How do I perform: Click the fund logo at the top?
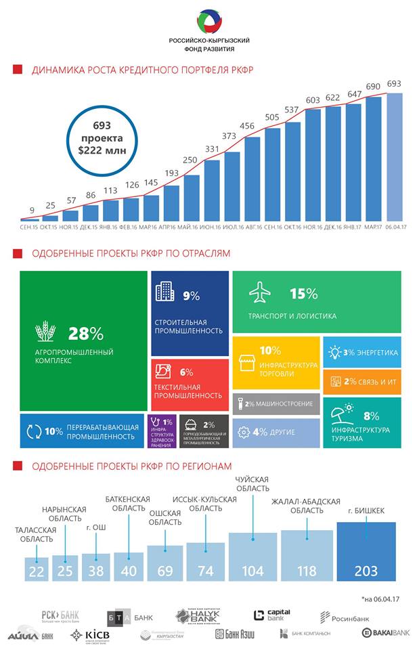[x=208, y=22]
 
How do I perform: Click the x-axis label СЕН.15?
[x=29, y=227]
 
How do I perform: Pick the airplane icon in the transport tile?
[x=260, y=294]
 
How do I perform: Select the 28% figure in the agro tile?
[x=85, y=333]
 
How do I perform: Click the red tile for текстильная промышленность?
[x=190, y=384]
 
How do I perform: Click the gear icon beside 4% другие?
[x=244, y=431]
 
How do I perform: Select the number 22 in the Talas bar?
[x=36, y=571]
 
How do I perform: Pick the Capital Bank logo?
[x=272, y=615]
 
